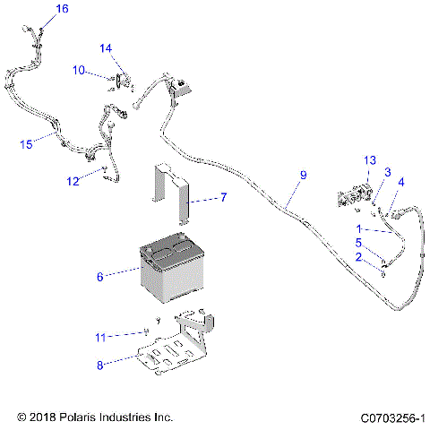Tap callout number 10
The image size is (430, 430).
pos(79,70)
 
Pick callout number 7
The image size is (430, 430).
pos(224,197)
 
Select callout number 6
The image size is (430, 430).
pos(100,278)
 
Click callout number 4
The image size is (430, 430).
pos(401,182)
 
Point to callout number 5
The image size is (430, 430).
pos(358,242)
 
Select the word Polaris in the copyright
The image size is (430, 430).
pos(92,417)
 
